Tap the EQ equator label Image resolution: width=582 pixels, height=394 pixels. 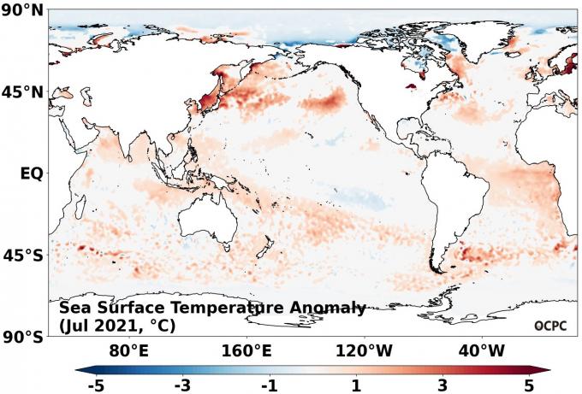point(31,173)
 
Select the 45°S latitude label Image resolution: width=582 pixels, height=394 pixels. point(23,256)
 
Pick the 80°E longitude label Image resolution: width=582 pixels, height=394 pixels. point(130,351)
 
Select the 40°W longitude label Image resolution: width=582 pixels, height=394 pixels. point(481,351)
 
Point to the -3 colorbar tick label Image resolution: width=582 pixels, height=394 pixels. point(181,385)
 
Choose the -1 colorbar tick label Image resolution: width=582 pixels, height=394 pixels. point(269,385)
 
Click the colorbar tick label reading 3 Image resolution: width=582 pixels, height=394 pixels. point(443,385)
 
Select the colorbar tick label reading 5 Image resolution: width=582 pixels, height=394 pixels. point(530,385)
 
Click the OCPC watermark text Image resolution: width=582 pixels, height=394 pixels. point(550,325)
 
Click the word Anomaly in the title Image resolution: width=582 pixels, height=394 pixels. point(325,309)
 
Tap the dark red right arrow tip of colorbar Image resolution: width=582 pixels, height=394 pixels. point(545,370)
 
